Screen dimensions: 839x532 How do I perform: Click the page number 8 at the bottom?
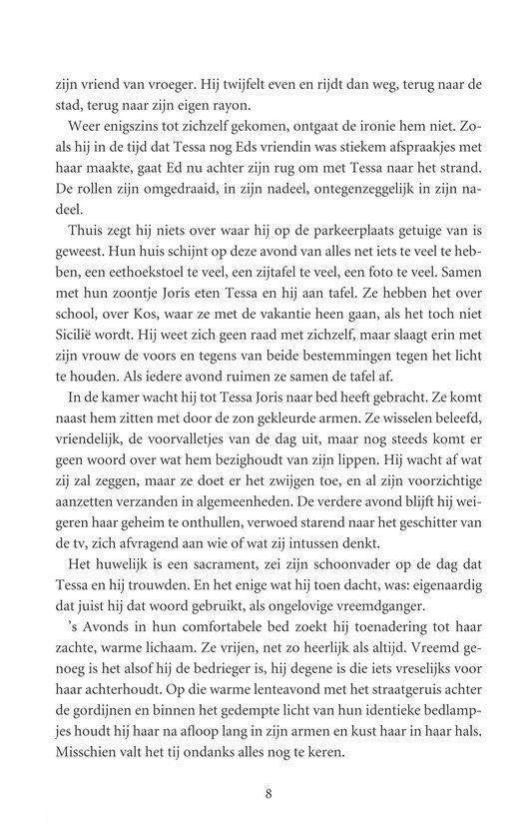266,794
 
